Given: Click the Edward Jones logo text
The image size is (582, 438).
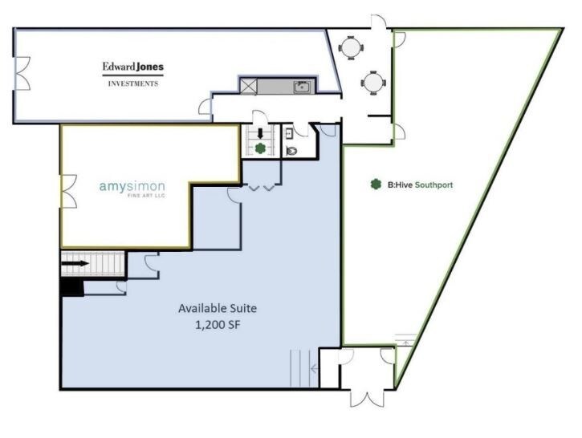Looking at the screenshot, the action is coord(133,67).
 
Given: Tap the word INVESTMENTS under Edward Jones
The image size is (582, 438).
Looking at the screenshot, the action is coord(133,83).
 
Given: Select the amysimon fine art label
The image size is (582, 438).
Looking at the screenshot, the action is coord(132,189).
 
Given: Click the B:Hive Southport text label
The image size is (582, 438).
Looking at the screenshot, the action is coord(420,185).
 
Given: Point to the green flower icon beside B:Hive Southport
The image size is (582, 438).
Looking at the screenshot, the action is coord(376,185).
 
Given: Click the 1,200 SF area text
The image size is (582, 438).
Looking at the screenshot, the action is coord(218,325).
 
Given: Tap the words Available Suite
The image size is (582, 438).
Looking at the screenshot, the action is coord(218,308).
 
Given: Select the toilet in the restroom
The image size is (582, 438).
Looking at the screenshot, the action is coord(291,151).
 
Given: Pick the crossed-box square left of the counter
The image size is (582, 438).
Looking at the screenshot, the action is coord(248,87).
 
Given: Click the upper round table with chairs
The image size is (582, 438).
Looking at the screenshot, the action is coord(350,48).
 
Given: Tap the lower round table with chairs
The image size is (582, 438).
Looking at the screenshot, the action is coord(373,83).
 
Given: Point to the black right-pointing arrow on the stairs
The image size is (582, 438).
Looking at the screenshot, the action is coord(75,264).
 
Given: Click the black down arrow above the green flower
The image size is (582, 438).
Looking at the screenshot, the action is coord(260,133).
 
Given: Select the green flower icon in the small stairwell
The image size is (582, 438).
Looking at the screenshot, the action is coord(261,148).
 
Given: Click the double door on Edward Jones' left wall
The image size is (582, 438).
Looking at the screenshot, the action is coord(22,73).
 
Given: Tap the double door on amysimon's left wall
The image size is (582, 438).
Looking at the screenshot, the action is coord(69,192).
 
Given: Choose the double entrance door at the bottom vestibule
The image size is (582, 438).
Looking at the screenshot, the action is coord(368,399).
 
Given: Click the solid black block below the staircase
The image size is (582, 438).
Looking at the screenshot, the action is coord(72,286).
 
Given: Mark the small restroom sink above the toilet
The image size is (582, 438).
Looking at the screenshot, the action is coord(288,133).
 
